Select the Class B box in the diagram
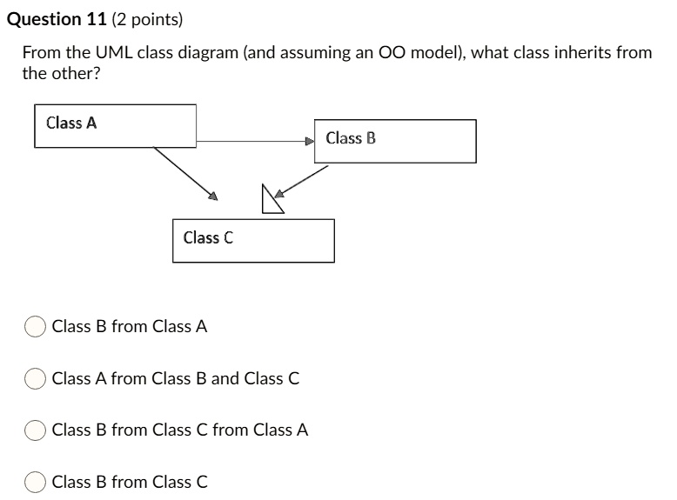click(x=395, y=141)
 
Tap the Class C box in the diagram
click(x=253, y=240)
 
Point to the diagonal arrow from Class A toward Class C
click(x=184, y=173)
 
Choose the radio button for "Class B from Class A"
click(x=36, y=327)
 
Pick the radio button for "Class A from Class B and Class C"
click(x=36, y=378)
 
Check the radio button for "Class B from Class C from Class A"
click(x=36, y=430)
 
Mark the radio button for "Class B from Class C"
click(x=36, y=482)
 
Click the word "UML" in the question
click(x=113, y=53)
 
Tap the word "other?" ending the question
click(x=75, y=73)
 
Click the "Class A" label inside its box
click(x=71, y=123)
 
